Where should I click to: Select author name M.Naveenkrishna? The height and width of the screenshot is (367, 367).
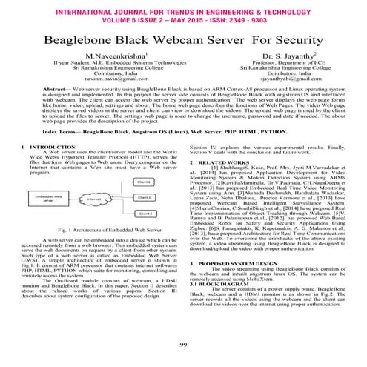(x=119, y=57)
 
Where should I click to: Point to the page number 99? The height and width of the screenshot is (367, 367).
(x=183, y=345)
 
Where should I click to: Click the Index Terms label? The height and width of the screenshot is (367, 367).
(x=65, y=130)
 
